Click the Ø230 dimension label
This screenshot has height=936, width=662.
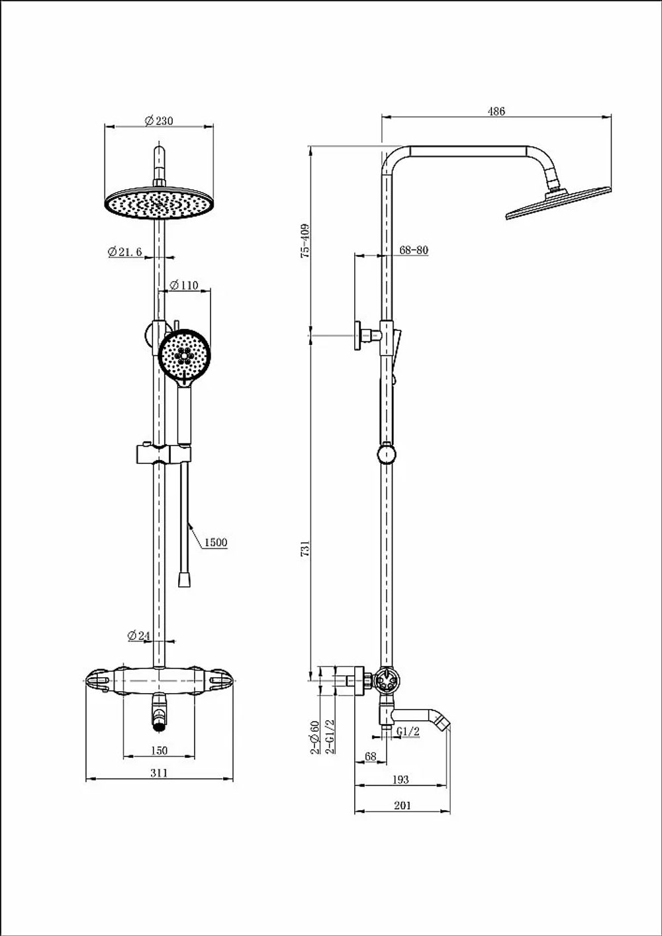159,120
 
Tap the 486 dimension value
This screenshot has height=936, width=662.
496,111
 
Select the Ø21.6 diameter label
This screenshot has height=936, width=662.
124,252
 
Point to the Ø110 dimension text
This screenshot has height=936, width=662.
184,285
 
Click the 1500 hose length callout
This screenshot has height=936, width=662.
216,542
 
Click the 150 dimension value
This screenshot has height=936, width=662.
159,751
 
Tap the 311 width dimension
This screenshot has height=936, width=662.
159,773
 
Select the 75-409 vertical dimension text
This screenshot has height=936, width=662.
305,241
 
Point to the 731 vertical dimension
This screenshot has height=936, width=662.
305,548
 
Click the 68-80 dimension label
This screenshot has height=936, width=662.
414,250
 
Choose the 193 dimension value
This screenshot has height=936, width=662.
401,779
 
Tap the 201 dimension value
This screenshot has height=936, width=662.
402,805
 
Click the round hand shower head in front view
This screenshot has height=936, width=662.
184,355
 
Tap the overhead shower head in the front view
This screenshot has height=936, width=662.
159,204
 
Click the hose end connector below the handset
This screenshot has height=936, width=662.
184,580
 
